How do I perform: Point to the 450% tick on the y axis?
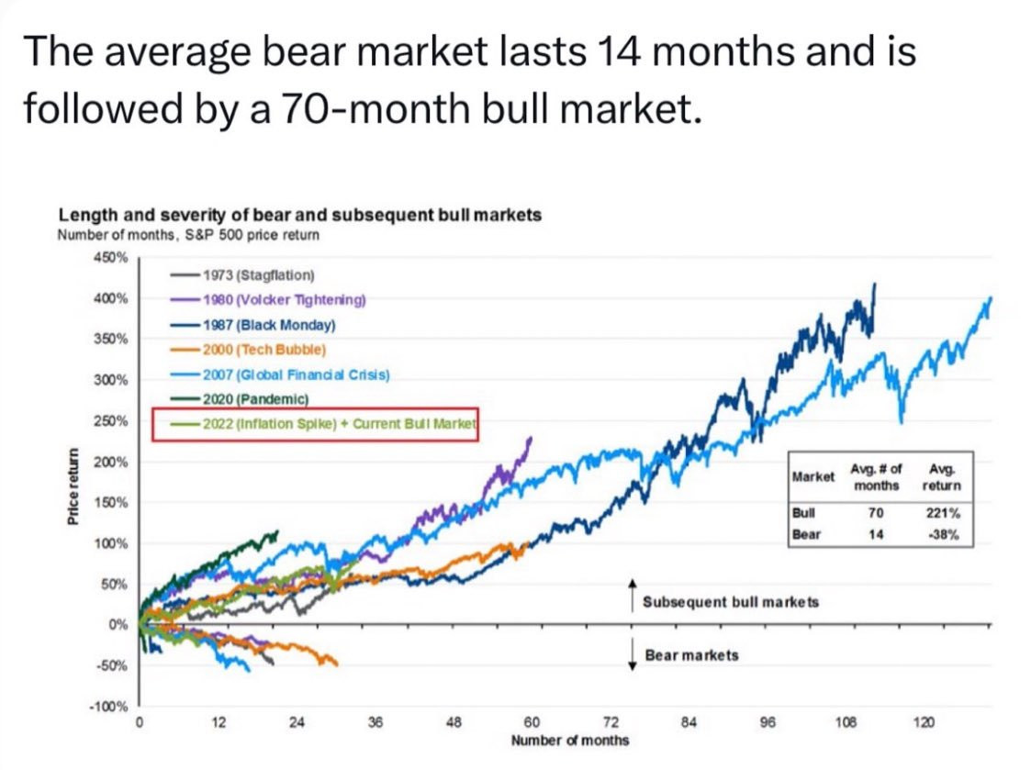tap(115, 257)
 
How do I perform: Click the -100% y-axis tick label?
tap(114, 706)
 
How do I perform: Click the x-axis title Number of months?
tap(570, 741)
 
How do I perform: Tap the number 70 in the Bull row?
tap(876, 513)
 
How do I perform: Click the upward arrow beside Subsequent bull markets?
tap(632, 595)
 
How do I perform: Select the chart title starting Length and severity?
tap(299, 215)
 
